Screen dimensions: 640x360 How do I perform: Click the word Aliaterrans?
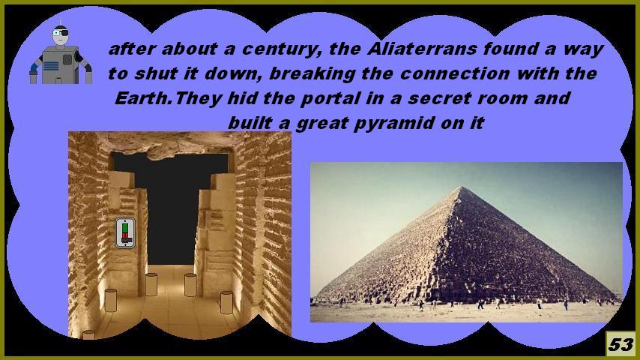(422, 49)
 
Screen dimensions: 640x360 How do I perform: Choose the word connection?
(454, 74)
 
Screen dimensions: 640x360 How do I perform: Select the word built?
(250, 122)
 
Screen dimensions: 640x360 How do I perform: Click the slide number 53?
(621, 344)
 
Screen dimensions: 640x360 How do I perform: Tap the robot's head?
(61, 36)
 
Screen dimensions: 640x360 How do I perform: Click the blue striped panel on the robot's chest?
(51, 66)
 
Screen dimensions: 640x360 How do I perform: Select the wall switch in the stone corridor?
(125, 233)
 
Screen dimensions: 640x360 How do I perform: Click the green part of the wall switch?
(125, 228)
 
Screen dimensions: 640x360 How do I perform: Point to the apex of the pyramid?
(462, 187)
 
